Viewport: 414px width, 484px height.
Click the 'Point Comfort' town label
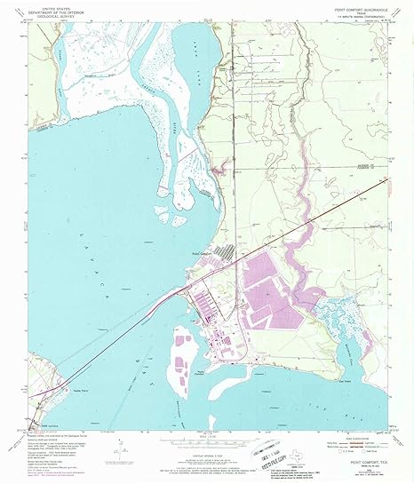203,251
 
